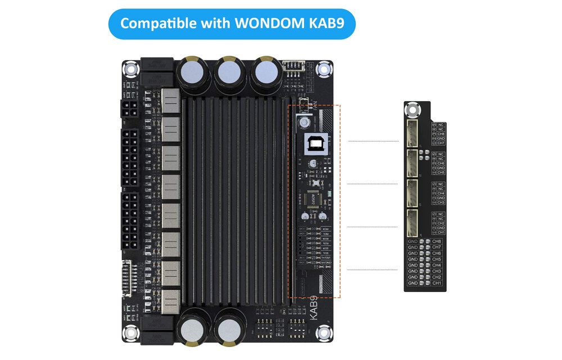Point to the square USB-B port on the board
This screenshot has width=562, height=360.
(x=313, y=145)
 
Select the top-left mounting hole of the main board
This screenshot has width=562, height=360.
(x=131, y=70)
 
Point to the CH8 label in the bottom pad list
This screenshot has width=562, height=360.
(x=437, y=241)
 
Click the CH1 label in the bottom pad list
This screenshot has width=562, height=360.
(x=437, y=283)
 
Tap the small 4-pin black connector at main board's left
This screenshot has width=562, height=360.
(x=128, y=109)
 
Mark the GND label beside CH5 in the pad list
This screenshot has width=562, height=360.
(x=413, y=259)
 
